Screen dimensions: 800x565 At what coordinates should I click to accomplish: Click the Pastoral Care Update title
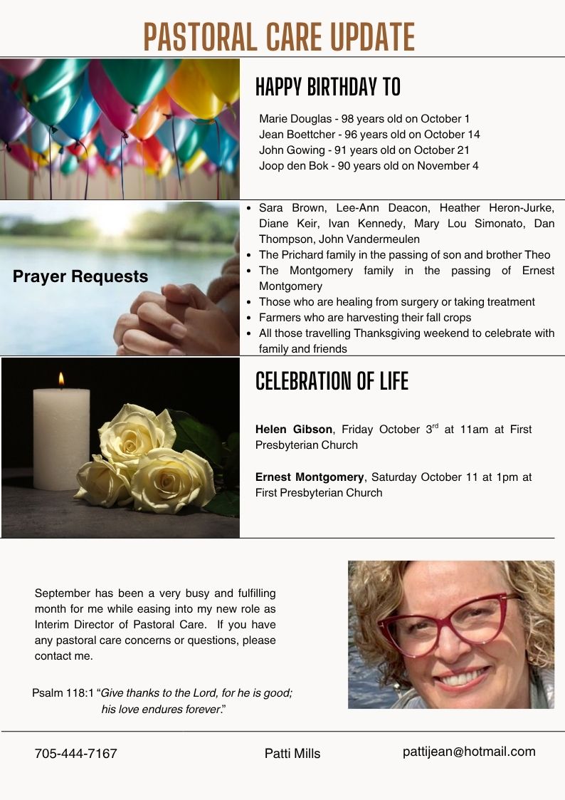pyautogui.click(x=279, y=36)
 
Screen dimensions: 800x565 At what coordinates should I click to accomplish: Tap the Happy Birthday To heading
pyautogui.click(x=328, y=87)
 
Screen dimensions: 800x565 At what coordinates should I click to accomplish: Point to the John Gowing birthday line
pyautogui.click(x=364, y=150)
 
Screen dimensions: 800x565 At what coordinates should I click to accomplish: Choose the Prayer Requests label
pyautogui.click(x=80, y=276)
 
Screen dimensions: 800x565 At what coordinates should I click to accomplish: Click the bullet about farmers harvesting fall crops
pyautogui.click(x=364, y=318)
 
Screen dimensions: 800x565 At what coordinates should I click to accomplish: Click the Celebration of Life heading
pyautogui.click(x=332, y=382)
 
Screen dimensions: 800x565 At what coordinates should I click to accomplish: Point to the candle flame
pyautogui.click(x=61, y=379)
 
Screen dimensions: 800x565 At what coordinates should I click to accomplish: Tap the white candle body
pyautogui.click(x=61, y=438)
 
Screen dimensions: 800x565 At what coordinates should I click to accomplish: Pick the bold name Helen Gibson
pyautogui.click(x=293, y=430)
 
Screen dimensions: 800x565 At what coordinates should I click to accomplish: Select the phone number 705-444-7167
pyautogui.click(x=75, y=754)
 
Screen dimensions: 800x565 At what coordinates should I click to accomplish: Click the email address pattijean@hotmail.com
pyautogui.click(x=468, y=752)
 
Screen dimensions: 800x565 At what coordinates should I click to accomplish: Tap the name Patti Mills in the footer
pyautogui.click(x=292, y=754)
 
